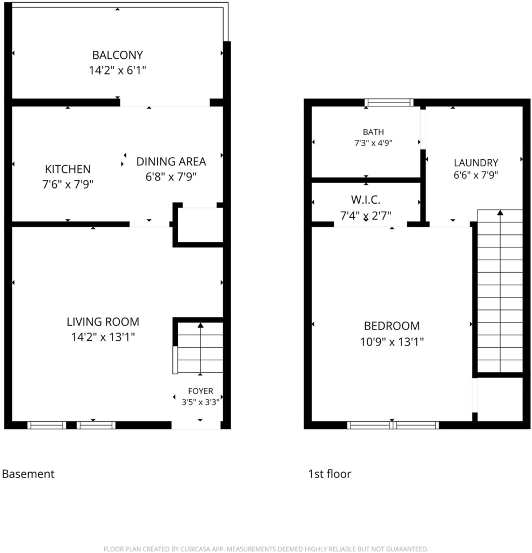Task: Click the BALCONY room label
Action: (x=118, y=55)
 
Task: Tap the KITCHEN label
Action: (x=68, y=169)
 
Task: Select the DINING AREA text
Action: (x=171, y=161)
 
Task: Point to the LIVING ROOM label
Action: (x=103, y=322)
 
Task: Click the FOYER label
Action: (x=200, y=391)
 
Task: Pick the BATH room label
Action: (x=373, y=132)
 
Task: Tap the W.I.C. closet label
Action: (x=366, y=200)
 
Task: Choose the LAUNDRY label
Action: (x=476, y=163)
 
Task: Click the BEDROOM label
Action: (x=392, y=326)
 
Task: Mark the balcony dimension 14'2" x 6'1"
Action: (x=118, y=70)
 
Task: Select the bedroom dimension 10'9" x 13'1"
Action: (x=392, y=342)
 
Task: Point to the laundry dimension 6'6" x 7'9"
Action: (x=476, y=175)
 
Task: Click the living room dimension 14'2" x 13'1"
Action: (x=103, y=337)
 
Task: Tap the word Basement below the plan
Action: (x=28, y=474)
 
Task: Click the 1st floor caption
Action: (x=329, y=474)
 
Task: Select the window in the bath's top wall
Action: (x=389, y=103)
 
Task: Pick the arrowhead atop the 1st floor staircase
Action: (x=500, y=212)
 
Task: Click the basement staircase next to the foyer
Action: (x=200, y=348)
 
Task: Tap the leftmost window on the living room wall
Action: (x=47, y=425)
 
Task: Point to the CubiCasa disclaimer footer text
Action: (x=266, y=549)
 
